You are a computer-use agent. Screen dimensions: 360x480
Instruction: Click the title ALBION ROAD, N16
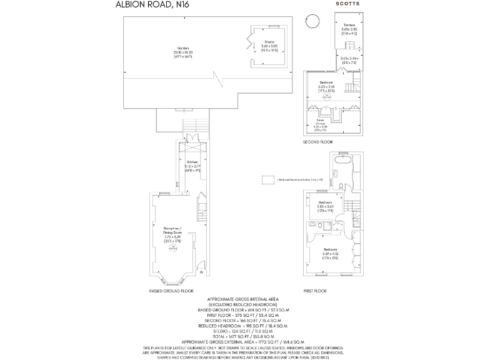152,5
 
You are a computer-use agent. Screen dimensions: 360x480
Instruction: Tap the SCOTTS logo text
348,4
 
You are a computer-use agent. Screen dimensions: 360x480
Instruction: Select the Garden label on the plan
183,48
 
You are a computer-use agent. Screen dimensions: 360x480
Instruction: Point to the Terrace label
349,25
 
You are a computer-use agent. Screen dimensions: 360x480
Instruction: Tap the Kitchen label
192,162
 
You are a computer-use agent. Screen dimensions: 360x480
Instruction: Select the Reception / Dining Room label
172,229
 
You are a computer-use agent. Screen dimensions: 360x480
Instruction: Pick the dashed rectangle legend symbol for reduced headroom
268,179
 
